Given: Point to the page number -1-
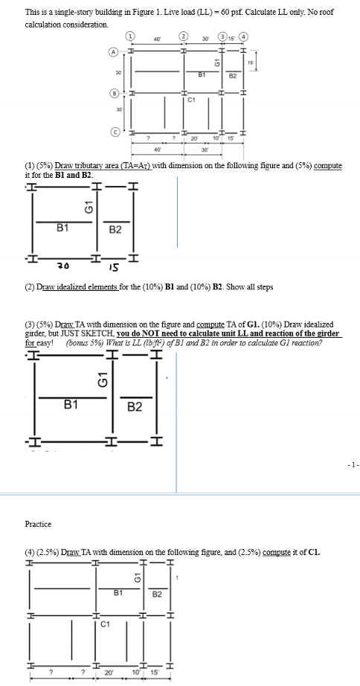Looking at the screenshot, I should pyautogui.click(x=351, y=465).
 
